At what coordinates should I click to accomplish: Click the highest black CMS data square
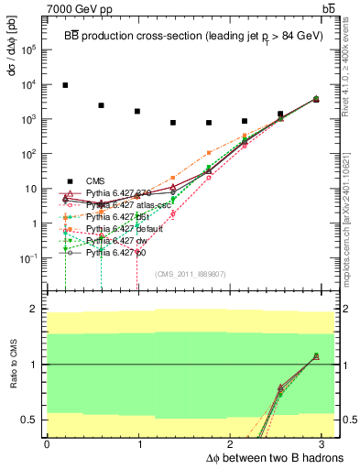[x=65, y=85]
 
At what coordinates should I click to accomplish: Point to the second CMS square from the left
[x=101, y=105]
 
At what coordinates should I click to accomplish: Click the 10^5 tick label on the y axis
[x=28, y=50]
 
